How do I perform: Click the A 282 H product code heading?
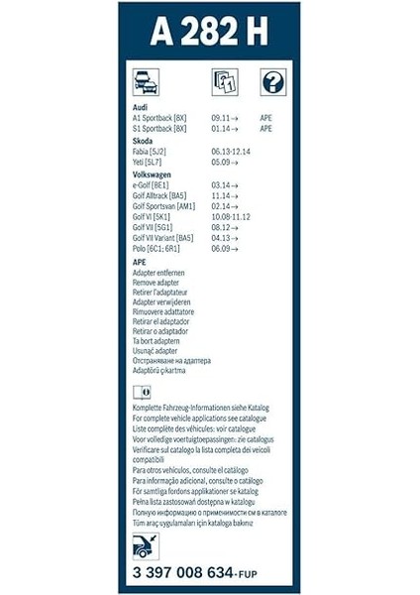click(x=208, y=33)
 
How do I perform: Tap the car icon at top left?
click(x=146, y=82)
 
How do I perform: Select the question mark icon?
click(x=272, y=82)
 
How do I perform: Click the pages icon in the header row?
click(x=224, y=82)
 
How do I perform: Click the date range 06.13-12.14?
click(x=231, y=151)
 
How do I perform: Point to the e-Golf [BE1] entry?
click(x=155, y=185)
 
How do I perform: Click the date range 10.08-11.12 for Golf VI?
click(x=231, y=217)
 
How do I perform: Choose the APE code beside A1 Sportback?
click(x=265, y=117)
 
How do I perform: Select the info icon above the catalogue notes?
click(x=142, y=393)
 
